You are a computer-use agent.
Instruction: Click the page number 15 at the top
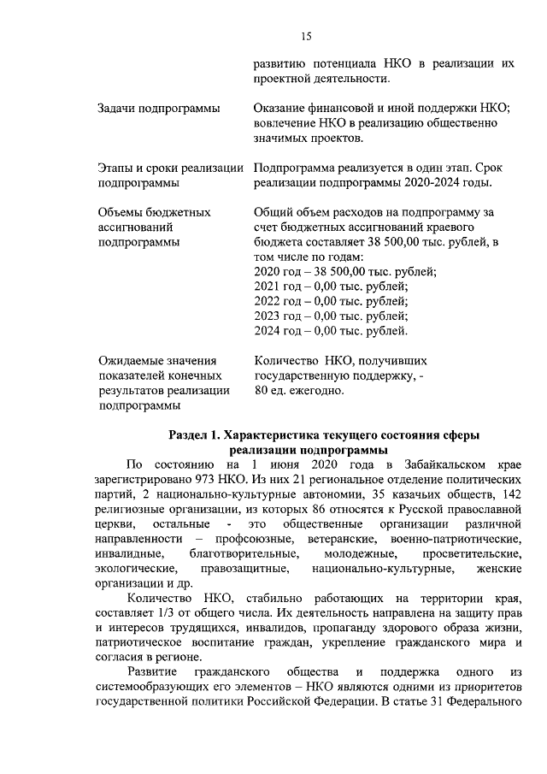307,35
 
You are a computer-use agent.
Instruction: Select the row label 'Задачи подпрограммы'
158,109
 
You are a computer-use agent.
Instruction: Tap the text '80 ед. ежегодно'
299,391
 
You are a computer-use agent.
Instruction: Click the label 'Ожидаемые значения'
157,361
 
